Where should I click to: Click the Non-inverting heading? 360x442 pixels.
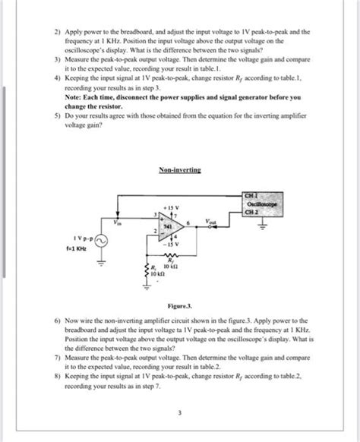click(179, 172)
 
